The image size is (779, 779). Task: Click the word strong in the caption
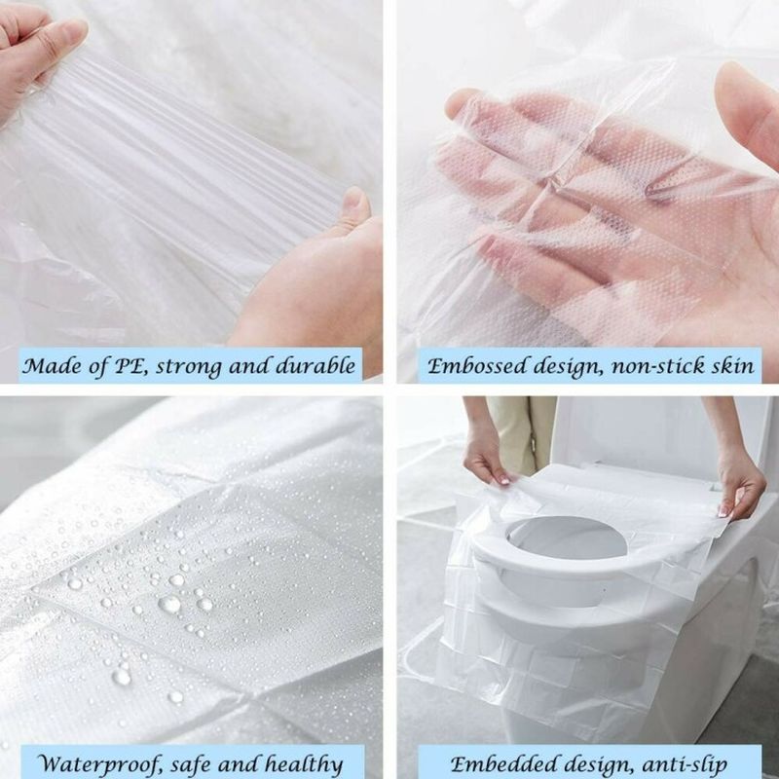(x=193, y=367)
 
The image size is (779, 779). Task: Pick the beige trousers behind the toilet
(x=522, y=428)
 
